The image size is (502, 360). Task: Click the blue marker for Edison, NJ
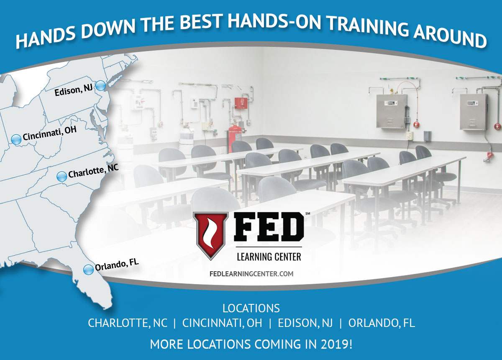click(x=100, y=86)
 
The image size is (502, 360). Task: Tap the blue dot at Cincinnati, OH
click(x=16, y=139)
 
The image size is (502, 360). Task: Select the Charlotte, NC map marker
click(x=61, y=177)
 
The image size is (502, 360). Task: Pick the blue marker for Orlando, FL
click(x=88, y=270)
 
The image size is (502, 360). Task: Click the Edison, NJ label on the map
click(x=74, y=90)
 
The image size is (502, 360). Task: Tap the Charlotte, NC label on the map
click(x=93, y=171)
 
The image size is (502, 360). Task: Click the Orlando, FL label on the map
click(x=117, y=265)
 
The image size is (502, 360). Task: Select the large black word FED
click(x=269, y=230)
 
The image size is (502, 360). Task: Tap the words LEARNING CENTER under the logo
click(x=269, y=257)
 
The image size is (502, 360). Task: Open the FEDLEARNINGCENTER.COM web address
click(x=251, y=274)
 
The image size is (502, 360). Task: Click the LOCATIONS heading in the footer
click(x=251, y=308)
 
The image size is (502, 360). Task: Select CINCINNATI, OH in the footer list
click(x=222, y=323)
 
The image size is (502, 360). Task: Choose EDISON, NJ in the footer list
click(x=305, y=323)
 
